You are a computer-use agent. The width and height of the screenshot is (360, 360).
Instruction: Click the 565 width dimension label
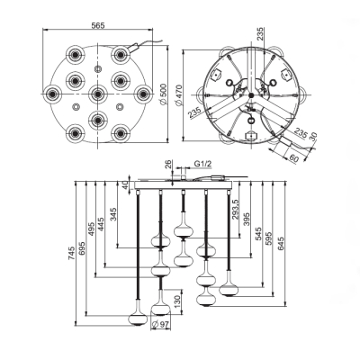pos(98,25)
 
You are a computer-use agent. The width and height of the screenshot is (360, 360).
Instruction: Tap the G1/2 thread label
pos(203,164)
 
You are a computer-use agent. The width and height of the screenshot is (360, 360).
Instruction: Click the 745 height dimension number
pos(71,253)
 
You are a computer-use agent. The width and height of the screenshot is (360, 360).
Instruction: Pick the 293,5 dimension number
pos(235,210)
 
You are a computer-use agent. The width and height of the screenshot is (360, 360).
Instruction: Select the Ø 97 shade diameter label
pos(161,325)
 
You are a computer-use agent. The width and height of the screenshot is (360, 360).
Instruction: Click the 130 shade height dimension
pos(177,301)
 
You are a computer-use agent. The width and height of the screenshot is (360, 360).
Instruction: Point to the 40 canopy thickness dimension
pos(126,184)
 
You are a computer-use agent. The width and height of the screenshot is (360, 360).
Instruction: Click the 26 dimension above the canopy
pos(168,164)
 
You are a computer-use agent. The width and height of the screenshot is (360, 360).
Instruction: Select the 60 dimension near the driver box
pos(294,158)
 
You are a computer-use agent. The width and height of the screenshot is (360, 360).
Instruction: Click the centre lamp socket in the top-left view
pos(97,94)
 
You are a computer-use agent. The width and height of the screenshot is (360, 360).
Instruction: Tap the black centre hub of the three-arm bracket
pos(251,95)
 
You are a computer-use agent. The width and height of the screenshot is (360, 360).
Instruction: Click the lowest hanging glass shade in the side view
pos(138,319)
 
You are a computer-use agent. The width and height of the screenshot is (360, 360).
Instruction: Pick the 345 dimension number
pos(113,214)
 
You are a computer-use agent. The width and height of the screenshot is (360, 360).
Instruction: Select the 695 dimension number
pos(82,247)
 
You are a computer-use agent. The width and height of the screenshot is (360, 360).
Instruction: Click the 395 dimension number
pos(247,220)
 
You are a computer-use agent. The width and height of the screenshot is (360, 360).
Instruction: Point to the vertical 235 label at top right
pos(261,33)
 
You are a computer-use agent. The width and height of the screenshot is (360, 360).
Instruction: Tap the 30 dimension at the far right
pos(313,137)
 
